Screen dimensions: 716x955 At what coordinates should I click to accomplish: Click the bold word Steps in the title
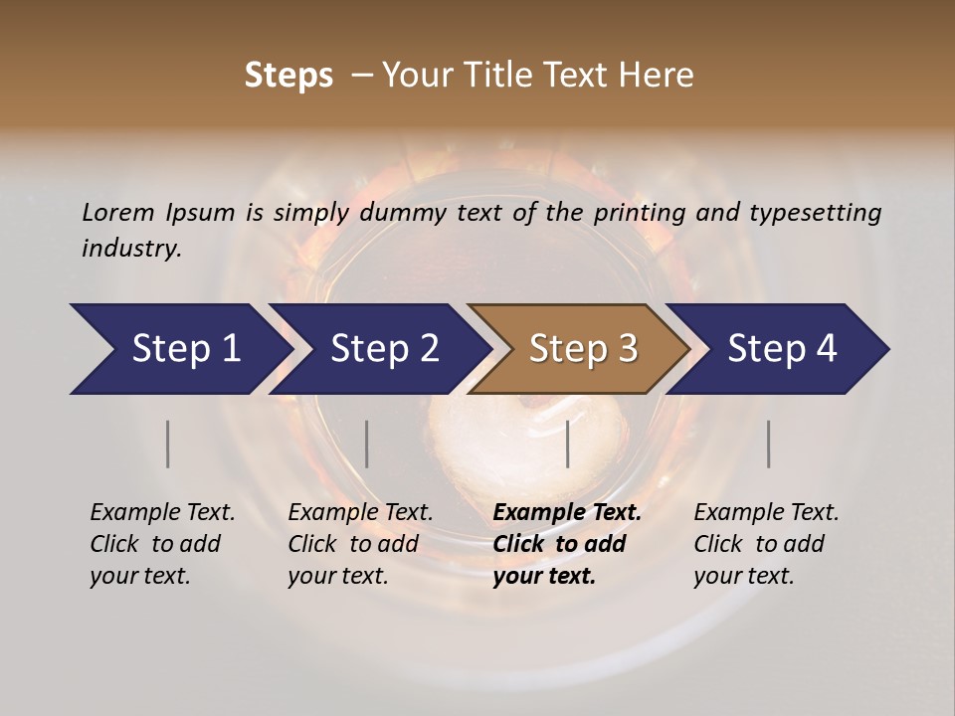pyautogui.click(x=288, y=76)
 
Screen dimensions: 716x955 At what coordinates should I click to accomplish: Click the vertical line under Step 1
pyautogui.click(x=168, y=444)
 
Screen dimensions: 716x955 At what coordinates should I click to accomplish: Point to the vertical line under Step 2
pyautogui.click(x=367, y=444)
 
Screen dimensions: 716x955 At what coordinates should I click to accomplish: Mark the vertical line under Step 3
pyautogui.click(x=568, y=444)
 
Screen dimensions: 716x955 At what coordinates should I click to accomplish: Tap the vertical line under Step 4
pyautogui.click(x=769, y=444)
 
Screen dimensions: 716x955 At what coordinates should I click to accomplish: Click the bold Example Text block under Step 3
pyautogui.click(x=566, y=544)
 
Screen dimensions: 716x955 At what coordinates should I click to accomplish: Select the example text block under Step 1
pyautogui.click(x=162, y=544)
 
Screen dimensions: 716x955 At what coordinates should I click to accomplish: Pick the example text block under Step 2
pyautogui.click(x=360, y=544)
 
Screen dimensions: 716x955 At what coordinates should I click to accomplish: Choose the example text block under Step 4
pyautogui.click(x=766, y=544)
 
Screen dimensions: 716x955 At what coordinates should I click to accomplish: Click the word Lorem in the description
pyautogui.click(x=118, y=212)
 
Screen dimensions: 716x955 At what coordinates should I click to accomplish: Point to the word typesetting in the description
pyautogui.click(x=815, y=213)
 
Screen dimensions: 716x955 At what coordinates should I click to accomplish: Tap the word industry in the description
pyautogui.click(x=131, y=249)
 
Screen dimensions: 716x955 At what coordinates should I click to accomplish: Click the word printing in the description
pyautogui.click(x=632, y=213)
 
